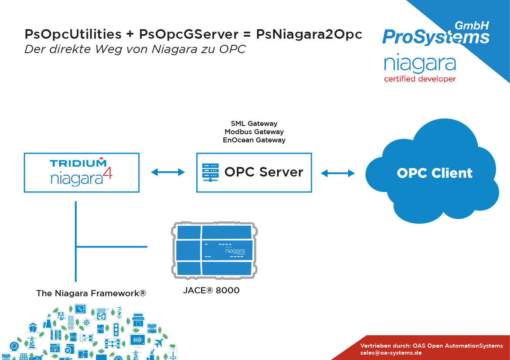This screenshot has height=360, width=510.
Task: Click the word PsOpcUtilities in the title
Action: point(73,34)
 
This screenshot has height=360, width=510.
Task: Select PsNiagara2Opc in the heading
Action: point(309,34)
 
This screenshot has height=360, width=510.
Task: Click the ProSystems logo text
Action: point(436,37)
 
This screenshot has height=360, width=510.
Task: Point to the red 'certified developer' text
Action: point(420,79)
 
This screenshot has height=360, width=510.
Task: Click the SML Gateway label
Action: point(254,124)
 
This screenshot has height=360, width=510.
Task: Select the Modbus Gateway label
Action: point(254,132)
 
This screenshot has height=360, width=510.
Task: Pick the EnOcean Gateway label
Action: point(254,140)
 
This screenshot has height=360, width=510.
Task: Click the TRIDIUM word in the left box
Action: point(78,163)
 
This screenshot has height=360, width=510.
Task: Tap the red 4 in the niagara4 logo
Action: point(108,173)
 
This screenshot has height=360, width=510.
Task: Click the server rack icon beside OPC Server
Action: point(210,172)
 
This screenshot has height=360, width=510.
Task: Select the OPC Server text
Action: point(264,172)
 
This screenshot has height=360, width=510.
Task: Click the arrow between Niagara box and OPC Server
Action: point(168,172)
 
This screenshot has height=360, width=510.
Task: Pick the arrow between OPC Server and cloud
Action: point(338,173)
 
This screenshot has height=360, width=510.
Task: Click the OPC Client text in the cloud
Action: point(435,173)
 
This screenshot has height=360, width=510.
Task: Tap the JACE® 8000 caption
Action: point(211,290)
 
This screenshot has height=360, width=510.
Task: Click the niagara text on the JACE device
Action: point(235,251)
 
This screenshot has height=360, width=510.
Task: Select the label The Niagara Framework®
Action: point(91,293)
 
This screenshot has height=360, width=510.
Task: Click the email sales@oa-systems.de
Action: point(391,353)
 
